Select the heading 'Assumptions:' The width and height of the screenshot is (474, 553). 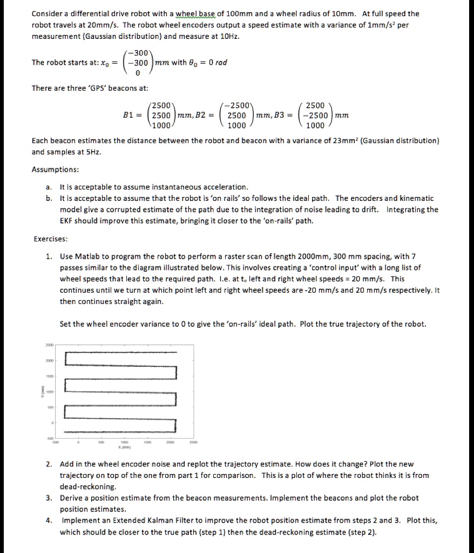coord(56,169)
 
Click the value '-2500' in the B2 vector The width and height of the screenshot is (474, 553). coord(235,105)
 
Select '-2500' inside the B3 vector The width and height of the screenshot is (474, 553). coord(314,115)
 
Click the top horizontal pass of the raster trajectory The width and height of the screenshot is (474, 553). coord(121,352)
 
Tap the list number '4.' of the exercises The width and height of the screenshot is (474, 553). coord(49,521)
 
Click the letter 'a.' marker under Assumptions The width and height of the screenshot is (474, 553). coord(49,186)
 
